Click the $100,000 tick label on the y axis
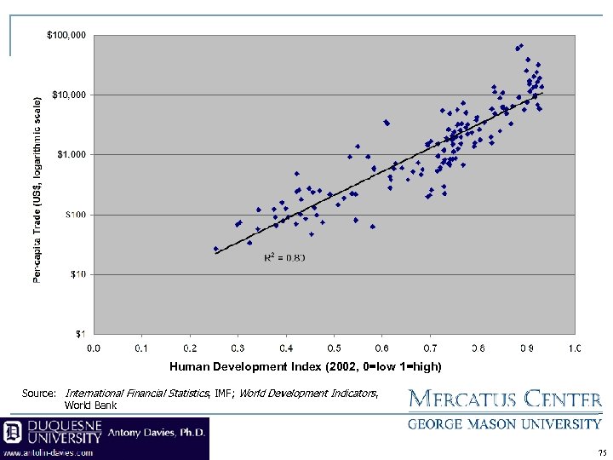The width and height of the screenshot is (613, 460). tap(66, 35)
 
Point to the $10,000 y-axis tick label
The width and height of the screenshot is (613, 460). tap(68, 95)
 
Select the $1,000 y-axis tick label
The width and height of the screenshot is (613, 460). tap(71, 154)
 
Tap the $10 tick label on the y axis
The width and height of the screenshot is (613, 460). tap(77, 274)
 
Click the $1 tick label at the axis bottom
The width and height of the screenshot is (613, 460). tap(80, 333)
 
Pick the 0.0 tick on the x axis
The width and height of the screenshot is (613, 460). tap(94, 348)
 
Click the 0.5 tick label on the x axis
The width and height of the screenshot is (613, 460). tap(334, 348)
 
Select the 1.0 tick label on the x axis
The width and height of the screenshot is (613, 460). tap(575, 348)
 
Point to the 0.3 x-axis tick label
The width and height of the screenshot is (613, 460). tap(238, 348)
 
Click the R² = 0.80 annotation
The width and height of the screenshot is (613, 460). tap(284, 257)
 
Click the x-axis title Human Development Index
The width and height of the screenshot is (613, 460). tap(305, 366)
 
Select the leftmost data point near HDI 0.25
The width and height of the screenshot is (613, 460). tap(215, 249)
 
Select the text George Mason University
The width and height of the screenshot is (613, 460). tap(505, 423)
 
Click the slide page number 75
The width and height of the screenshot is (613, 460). tap(602, 452)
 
